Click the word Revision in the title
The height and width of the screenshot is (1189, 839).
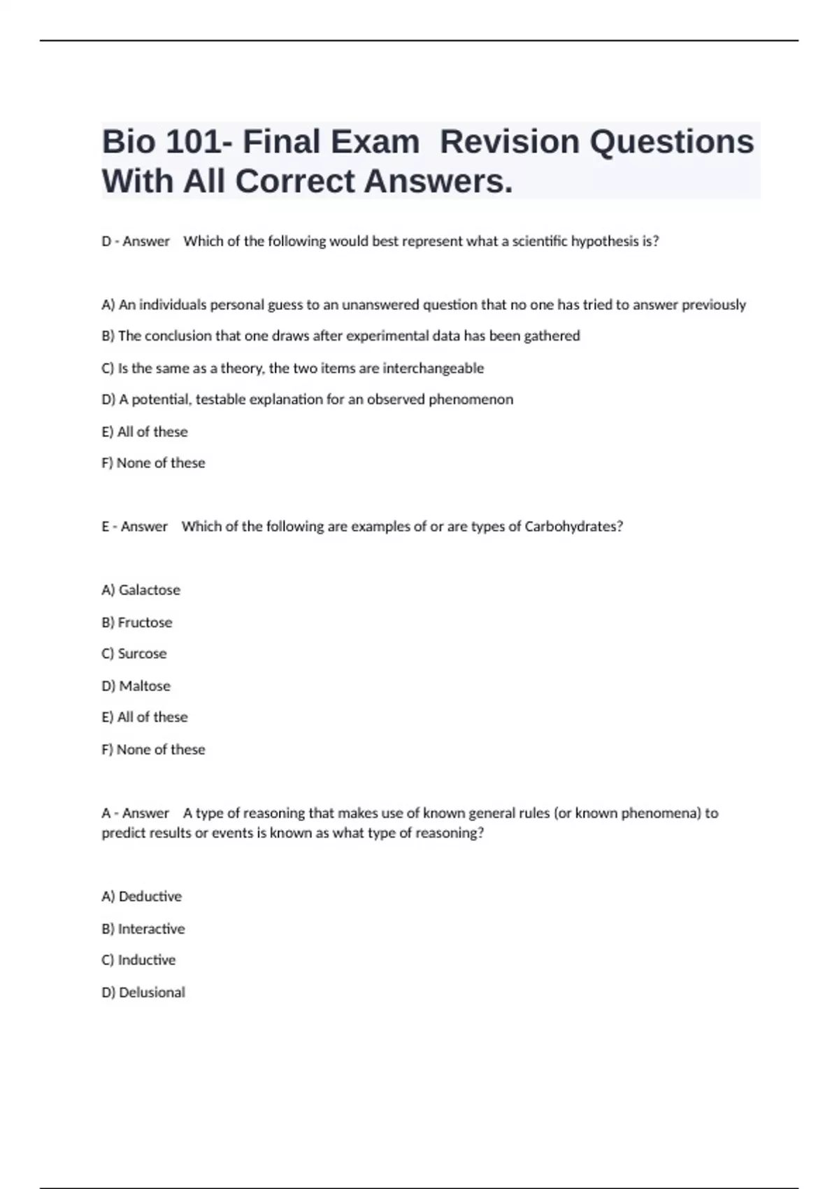pyautogui.click(x=510, y=142)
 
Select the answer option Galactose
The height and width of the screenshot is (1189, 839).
pyautogui.click(x=149, y=590)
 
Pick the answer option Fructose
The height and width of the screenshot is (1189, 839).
pyautogui.click(x=145, y=622)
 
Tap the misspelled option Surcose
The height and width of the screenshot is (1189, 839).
pyautogui.click(x=142, y=654)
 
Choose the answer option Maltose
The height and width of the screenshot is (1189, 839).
pyautogui.click(x=144, y=686)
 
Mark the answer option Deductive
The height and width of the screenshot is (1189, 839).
pyautogui.click(x=150, y=897)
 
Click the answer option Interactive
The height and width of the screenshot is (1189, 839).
pyautogui.click(x=151, y=929)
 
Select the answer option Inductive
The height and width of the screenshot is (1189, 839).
pyautogui.click(x=146, y=960)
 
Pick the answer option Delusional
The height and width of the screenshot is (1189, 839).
pyautogui.click(x=152, y=992)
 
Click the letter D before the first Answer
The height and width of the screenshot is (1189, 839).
pyautogui.click(x=107, y=241)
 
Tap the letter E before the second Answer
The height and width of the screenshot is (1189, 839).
pyautogui.click(x=106, y=527)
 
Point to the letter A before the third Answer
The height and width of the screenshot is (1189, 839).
pyautogui.click(x=106, y=813)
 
